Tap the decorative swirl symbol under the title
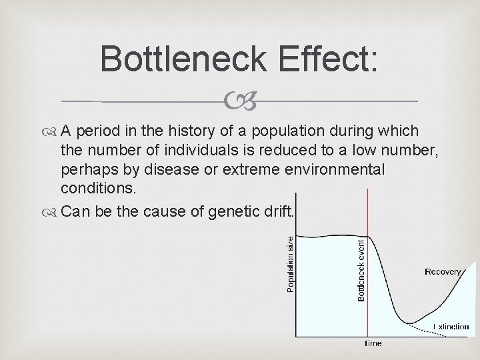coord(239,102)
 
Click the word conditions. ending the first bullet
coord(98,189)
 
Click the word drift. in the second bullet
coord(274,213)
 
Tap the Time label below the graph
coord(373,343)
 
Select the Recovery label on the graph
coord(443,272)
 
